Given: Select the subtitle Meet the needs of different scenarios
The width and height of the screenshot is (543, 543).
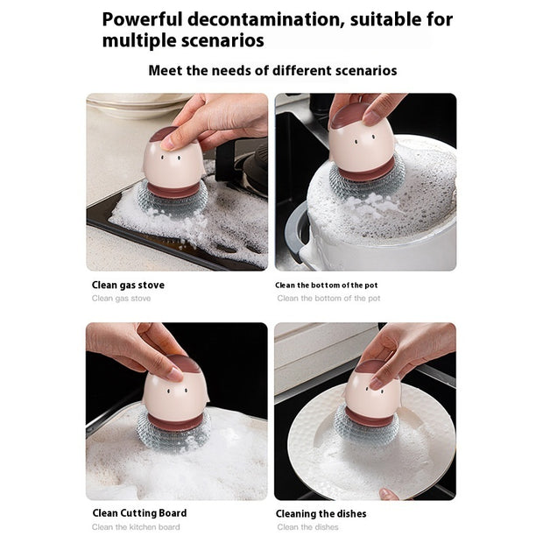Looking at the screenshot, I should [271, 70].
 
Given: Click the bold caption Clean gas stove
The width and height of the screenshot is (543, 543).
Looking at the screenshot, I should [128, 285].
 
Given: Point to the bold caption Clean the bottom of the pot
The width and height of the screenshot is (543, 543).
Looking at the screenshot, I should [327, 285].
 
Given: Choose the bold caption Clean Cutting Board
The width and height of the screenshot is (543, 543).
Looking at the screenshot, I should [139, 513].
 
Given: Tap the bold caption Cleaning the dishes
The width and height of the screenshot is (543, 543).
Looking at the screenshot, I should [321, 513].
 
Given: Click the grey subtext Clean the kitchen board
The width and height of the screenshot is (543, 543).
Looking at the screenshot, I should [136, 527].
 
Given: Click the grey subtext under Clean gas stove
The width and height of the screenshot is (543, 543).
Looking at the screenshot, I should [121, 299].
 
